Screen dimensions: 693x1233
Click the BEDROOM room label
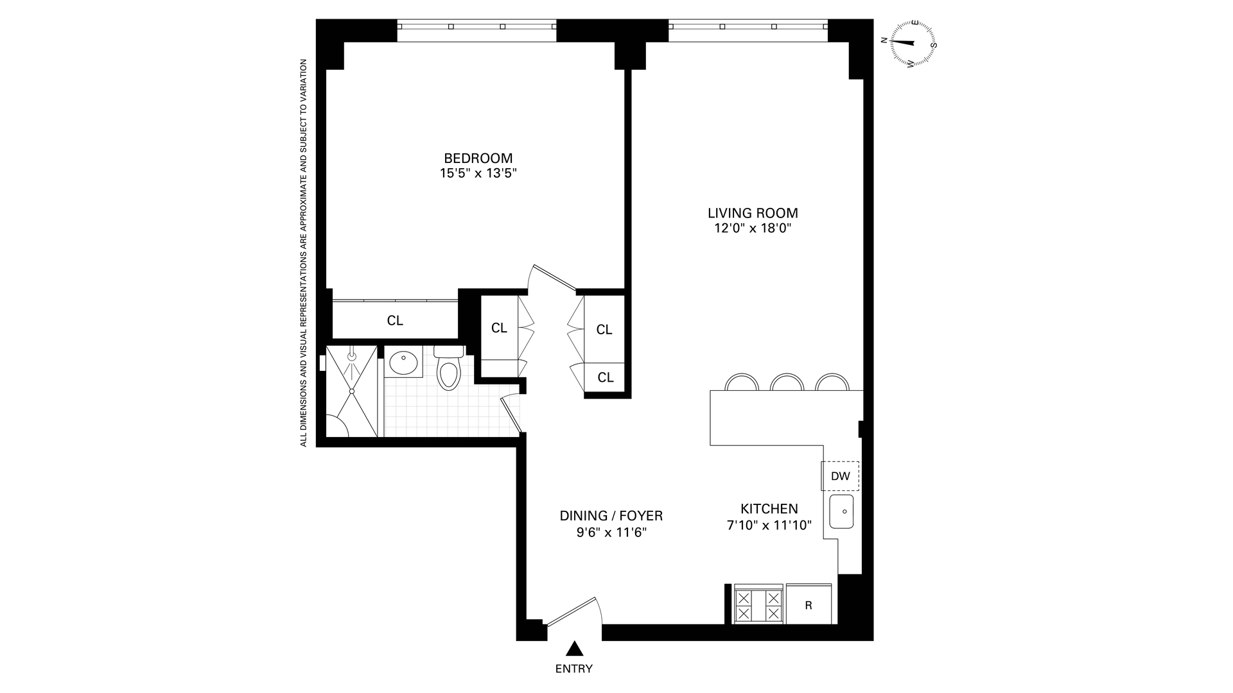(x=478, y=158)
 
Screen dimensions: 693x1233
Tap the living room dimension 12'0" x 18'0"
(x=752, y=228)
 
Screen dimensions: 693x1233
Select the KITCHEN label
(x=769, y=509)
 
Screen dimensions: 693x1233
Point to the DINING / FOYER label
(x=611, y=516)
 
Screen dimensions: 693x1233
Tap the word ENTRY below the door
(x=573, y=669)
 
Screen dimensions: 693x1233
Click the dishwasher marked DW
(x=840, y=476)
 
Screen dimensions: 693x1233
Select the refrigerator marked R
(x=809, y=604)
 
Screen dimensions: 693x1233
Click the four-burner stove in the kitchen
(x=758, y=604)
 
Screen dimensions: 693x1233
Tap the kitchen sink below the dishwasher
(x=841, y=511)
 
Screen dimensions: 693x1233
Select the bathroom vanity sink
(x=403, y=363)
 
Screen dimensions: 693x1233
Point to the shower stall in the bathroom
(x=352, y=391)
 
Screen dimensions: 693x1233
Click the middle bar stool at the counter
(x=787, y=383)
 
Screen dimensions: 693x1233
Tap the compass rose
(x=913, y=43)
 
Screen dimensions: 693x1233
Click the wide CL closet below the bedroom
(x=394, y=320)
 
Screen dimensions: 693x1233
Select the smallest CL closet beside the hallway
(x=605, y=377)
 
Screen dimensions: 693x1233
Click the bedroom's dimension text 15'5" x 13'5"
(x=478, y=173)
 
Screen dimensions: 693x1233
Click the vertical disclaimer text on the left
(x=304, y=253)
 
